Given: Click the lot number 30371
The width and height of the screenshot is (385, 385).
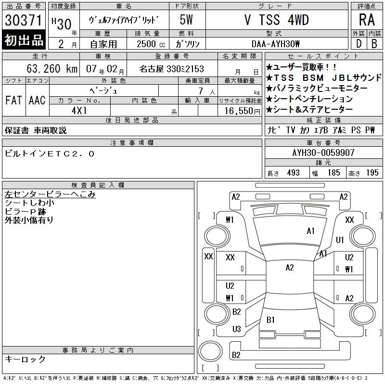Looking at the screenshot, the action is tap(23, 20).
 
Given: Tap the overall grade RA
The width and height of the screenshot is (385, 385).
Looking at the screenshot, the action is tap(367, 20).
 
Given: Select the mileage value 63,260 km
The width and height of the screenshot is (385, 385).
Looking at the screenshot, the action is tap(52, 68).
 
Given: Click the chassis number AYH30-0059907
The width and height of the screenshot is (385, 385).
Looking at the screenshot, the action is tap(323, 153).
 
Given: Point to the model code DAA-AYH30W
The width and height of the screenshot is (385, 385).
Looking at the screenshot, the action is tap(275, 44).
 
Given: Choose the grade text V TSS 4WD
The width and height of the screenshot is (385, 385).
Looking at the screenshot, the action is tap(277, 20).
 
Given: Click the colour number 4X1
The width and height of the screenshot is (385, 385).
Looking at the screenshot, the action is tap(79, 111).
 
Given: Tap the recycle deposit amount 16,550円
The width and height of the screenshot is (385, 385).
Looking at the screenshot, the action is tap(242, 111).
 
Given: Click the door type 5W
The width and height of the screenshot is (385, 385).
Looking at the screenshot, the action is tap(186, 20).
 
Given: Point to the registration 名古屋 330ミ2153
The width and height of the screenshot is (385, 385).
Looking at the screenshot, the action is tap(172, 69).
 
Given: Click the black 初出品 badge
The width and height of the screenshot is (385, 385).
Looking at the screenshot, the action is tap(24, 40).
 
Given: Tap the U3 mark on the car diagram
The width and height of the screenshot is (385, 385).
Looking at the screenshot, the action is tap(236, 329).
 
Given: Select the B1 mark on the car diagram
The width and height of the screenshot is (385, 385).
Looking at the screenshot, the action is tap(270, 320).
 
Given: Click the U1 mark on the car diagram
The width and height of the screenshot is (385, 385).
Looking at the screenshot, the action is tap(340, 240).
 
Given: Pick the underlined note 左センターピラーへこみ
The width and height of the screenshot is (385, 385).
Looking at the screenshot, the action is tap(50, 194).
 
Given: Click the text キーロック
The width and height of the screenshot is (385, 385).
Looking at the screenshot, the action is tap(25, 359).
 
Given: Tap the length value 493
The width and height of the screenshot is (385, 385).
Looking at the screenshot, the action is tap(293, 173).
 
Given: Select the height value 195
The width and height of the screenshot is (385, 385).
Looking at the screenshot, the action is tap(372, 173).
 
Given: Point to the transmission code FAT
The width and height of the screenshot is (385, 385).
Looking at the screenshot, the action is tap(13, 101).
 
